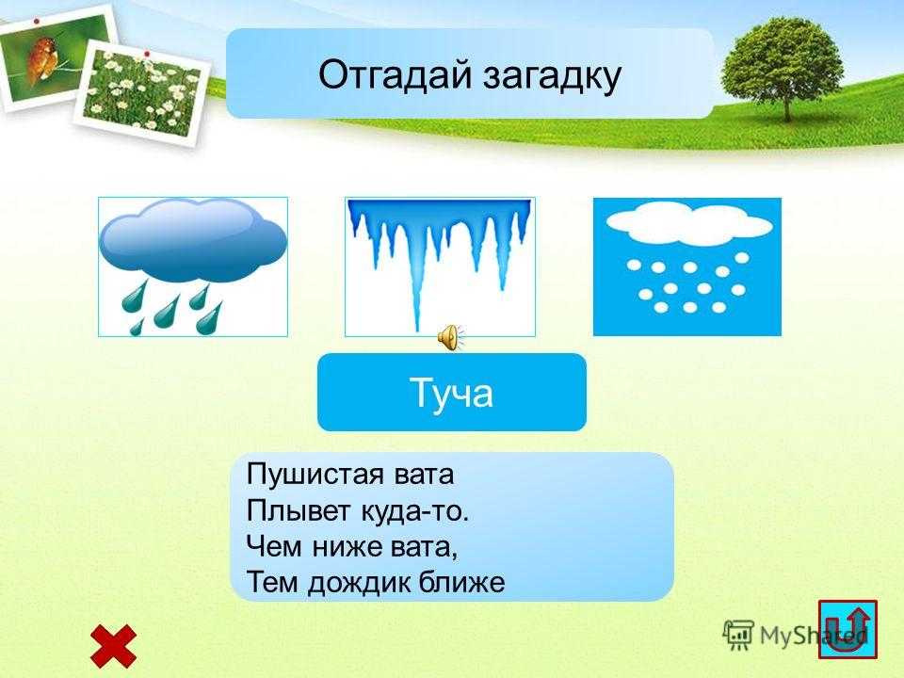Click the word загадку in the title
pos(552,77)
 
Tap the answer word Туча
pos(451,394)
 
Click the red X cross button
pos(114,646)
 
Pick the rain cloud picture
pos(192,266)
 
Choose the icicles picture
pos(440,266)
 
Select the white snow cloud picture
pos(687,266)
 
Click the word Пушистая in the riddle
pos(315,474)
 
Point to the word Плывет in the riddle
pos(299,510)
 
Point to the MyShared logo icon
pos(738,636)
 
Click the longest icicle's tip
pos(417,331)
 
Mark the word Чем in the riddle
pos(274,545)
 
